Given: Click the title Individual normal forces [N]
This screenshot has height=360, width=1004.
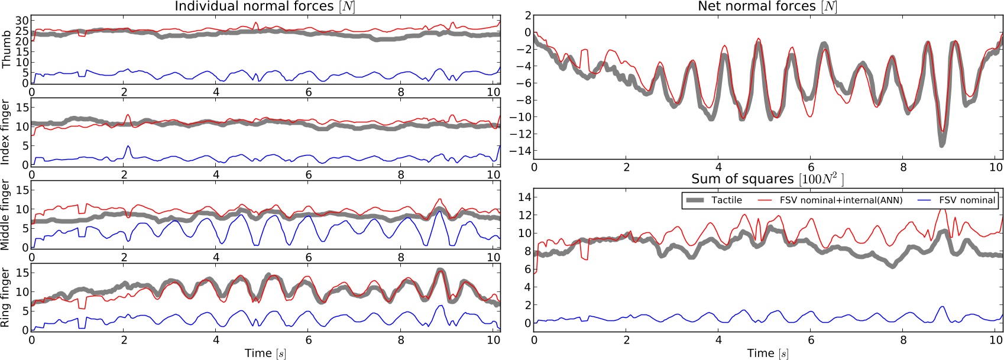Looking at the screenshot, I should tap(264, 7).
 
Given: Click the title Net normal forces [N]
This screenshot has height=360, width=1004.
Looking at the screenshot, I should tap(767, 7).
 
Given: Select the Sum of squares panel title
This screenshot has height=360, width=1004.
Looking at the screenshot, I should tap(767, 179).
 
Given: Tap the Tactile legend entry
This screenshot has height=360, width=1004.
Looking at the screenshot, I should tap(726, 200).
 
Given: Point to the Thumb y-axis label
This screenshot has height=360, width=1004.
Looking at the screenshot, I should tap(7, 50).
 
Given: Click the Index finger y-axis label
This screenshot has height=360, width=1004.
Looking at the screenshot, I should tap(7, 132).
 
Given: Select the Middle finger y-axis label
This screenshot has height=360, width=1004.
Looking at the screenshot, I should tap(7, 215).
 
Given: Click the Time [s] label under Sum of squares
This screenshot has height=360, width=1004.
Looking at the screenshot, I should tap(767, 353).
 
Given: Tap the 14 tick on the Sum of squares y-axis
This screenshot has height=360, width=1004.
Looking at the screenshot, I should tap(523, 197).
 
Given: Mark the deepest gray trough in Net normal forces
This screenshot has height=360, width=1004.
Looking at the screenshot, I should tap(941, 144).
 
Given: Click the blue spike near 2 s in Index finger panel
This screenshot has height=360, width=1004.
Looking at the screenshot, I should tap(128, 146).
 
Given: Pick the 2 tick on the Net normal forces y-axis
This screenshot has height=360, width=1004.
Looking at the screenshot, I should tap(526, 15).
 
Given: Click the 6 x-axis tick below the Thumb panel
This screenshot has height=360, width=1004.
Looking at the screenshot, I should tap(309, 92).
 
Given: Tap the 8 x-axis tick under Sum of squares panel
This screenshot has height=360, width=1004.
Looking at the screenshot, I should tap(903, 340).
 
